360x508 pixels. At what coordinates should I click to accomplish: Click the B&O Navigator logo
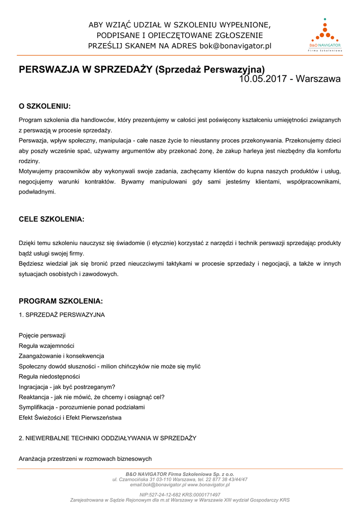click(x=325, y=35)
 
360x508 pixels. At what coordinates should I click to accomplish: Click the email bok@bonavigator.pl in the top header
click(x=235, y=46)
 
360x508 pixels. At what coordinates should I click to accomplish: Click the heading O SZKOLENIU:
click(x=45, y=106)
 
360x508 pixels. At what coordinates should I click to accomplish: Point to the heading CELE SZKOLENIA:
click(x=52, y=219)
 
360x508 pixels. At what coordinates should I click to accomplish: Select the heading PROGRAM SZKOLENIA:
click(x=61, y=301)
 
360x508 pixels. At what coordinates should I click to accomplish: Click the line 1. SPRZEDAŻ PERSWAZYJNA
click(x=62, y=315)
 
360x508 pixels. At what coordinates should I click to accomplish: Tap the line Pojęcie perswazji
click(x=42, y=335)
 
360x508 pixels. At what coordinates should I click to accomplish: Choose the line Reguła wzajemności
click(x=46, y=346)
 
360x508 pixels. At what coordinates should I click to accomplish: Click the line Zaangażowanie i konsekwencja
click(x=62, y=356)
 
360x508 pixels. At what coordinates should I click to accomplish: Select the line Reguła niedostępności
click(x=49, y=377)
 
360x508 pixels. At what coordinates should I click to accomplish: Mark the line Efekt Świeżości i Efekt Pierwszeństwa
click(x=70, y=418)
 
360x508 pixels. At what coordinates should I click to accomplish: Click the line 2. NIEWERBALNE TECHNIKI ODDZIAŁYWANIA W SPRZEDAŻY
click(x=107, y=438)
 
